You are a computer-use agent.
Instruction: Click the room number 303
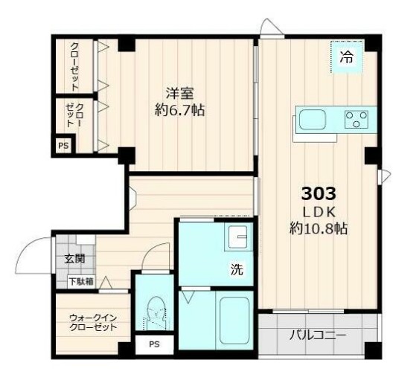(x=319, y=194)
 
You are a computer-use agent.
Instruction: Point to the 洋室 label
(x=179, y=94)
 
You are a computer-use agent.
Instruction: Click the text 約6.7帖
(x=179, y=111)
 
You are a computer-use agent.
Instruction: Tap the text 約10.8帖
(x=319, y=228)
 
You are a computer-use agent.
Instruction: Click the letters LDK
(x=319, y=212)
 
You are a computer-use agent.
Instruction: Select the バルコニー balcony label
(x=317, y=335)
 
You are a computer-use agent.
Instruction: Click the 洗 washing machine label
(x=236, y=270)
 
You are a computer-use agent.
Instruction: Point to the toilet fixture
(x=156, y=315)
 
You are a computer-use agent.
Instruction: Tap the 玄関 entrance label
(x=74, y=260)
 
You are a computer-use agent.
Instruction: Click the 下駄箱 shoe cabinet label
(x=80, y=281)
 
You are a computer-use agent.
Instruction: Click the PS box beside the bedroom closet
(x=63, y=146)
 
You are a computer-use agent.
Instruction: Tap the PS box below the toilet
(x=154, y=344)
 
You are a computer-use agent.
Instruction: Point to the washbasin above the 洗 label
(x=239, y=239)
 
